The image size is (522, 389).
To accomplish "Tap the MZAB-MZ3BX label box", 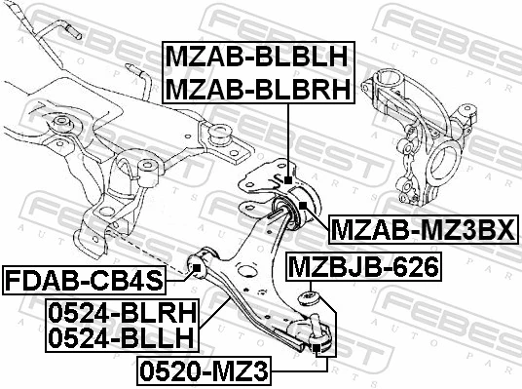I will pos(424,230).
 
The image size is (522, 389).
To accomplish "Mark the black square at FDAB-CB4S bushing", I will pos(197,265).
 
